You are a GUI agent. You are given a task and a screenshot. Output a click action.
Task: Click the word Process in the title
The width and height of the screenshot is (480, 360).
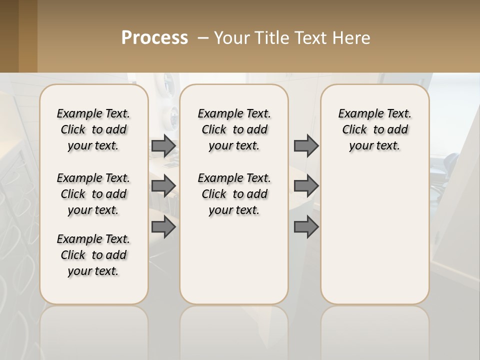(154, 38)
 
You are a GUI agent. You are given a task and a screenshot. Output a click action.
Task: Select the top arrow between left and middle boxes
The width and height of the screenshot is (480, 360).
(163, 145)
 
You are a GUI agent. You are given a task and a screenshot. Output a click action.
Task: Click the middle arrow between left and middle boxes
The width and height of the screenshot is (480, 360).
(163, 186)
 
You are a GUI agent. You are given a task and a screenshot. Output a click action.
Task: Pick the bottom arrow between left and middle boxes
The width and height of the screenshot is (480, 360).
(163, 227)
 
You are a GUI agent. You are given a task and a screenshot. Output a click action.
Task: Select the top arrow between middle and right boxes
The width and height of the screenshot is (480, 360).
(306, 145)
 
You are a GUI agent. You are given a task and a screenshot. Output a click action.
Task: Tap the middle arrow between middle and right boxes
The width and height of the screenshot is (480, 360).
(306, 186)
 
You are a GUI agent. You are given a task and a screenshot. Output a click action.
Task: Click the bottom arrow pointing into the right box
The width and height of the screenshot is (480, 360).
(306, 227)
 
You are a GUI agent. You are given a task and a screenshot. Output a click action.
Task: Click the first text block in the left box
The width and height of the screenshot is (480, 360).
(93, 129)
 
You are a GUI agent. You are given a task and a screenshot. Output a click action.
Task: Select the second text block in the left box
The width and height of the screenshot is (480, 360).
(93, 194)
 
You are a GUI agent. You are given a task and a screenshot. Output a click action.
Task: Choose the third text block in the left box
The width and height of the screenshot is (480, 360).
(93, 255)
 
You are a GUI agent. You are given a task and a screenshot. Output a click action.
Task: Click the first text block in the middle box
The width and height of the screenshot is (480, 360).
(234, 129)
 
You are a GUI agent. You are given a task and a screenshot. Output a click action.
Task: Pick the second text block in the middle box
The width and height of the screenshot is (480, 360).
(234, 194)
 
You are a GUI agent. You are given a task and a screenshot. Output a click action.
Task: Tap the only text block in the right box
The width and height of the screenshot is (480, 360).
(374, 129)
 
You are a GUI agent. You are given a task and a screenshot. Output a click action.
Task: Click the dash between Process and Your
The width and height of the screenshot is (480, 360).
(203, 38)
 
